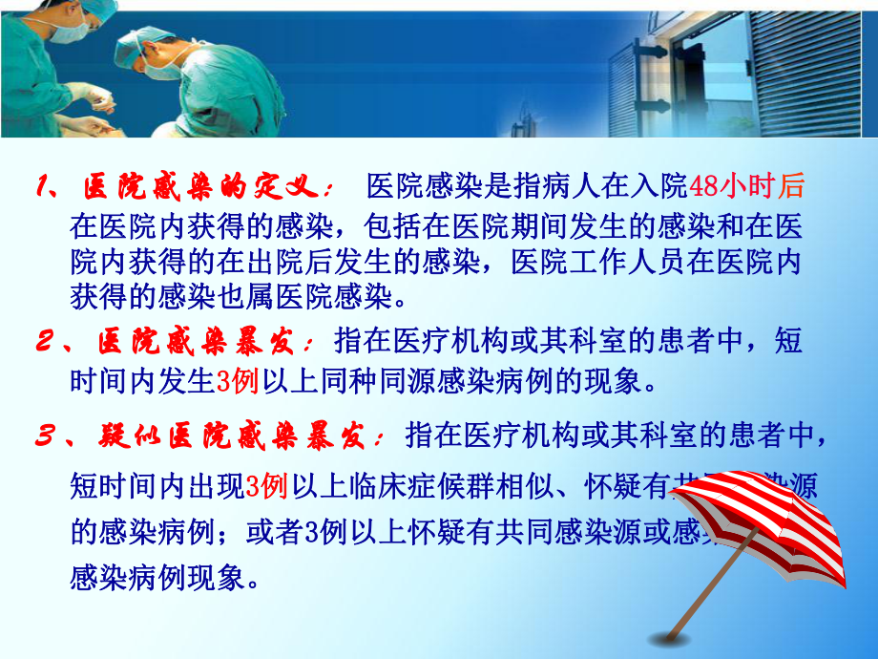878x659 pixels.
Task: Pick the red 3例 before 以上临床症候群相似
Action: point(266,487)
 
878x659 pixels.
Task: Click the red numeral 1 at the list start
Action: point(44,185)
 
